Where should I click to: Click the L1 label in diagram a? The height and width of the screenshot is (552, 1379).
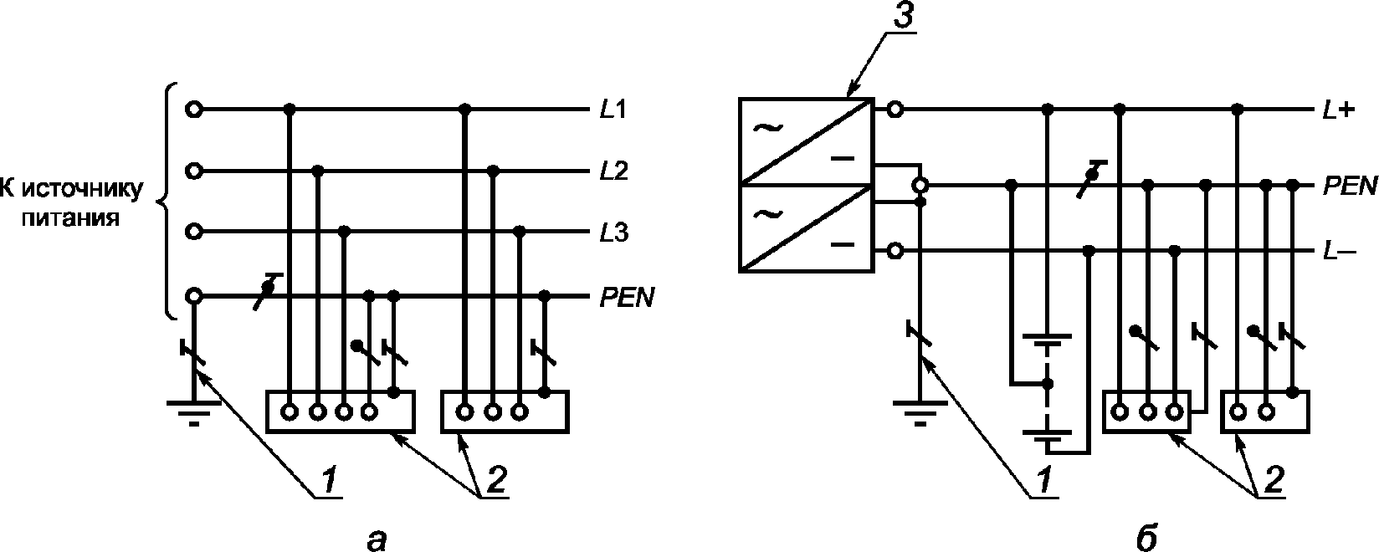tap(613, 110)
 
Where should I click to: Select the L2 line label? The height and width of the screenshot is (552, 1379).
tap(614, 171)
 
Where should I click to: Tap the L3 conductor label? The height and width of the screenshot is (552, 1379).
tap(614, 233)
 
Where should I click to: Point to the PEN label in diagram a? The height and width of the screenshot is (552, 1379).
tap(627, 298)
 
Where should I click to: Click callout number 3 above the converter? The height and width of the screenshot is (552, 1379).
tap(903, 17)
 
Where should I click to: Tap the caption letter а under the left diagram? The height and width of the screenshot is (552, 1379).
tap(377, 540)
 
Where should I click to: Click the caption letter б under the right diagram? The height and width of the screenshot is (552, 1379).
tap(1146, 537)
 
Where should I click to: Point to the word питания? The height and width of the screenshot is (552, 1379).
tap(71, 218)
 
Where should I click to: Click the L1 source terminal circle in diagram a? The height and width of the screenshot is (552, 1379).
tap(194, 110)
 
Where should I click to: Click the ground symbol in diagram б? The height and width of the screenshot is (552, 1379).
tap(920, 413)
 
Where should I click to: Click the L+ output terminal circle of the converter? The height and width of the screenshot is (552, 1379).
tap(895, 110)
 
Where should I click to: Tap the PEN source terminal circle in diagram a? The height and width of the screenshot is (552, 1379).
tap(194, 297)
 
